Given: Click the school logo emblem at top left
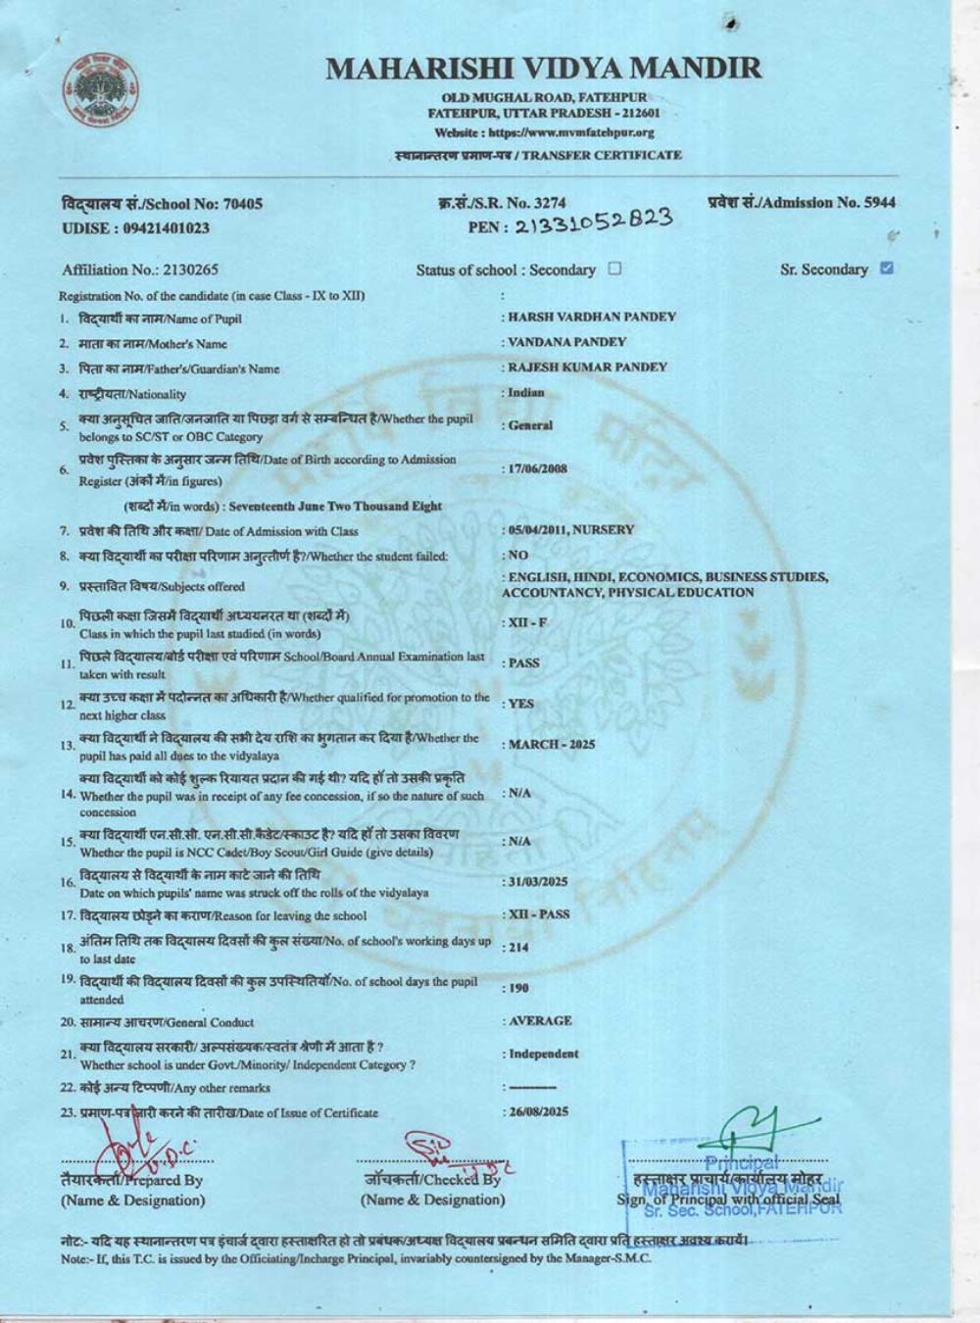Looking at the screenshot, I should [101, 91].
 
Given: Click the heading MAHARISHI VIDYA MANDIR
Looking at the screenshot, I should [543, 69].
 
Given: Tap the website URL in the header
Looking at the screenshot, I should [544, 132].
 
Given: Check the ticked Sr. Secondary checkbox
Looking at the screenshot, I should [887, 268].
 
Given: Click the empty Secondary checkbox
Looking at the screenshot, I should [614, 269].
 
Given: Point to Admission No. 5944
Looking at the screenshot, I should [801, 203].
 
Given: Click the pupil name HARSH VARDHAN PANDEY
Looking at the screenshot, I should [591, 317].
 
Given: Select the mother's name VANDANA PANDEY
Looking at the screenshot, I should [566, 342].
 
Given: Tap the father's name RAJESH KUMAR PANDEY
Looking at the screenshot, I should [587, 367].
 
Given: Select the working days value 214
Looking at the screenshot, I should [518, 948].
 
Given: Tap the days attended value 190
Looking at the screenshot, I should [518, 988].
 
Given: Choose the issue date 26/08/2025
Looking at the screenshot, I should [537, 1111].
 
